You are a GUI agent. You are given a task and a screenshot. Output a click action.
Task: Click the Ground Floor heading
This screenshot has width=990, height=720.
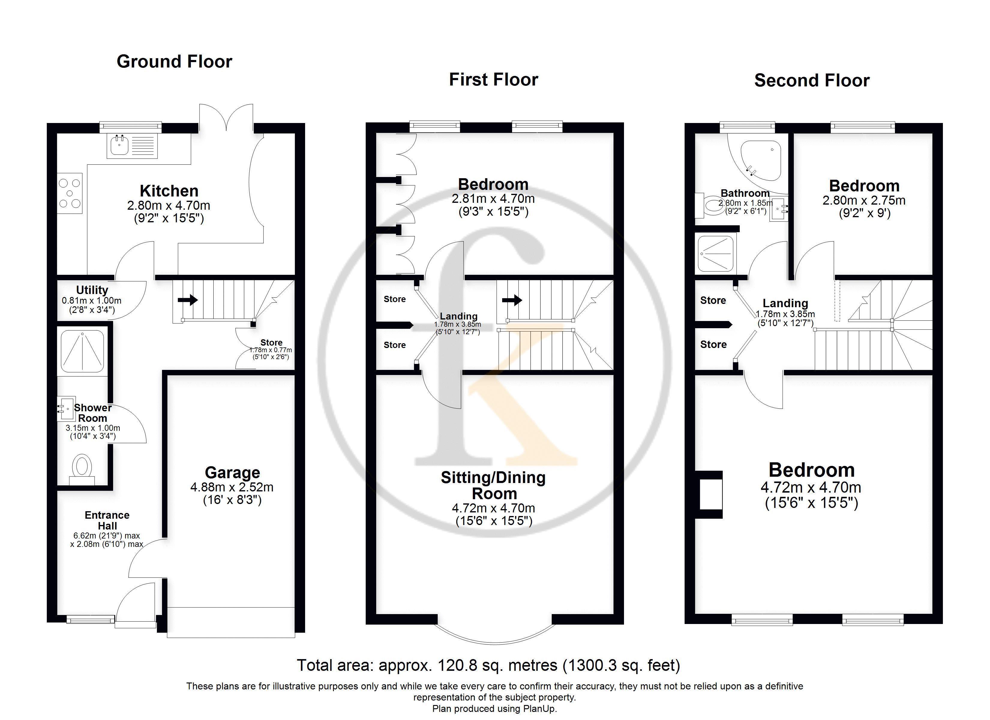(x=174, y=61)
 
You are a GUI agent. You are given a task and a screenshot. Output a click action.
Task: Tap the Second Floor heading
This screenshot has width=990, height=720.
(x=812, y=80)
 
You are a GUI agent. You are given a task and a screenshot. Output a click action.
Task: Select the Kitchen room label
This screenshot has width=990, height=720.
(x=169, y=191)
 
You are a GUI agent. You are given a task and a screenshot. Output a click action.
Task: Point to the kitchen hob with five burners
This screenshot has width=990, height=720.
(x=70, y=193)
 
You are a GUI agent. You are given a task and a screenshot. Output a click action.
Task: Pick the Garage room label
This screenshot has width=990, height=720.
(x=232, y=472)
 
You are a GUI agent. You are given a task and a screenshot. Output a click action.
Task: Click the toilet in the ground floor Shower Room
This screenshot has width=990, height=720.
(x=82, y=469)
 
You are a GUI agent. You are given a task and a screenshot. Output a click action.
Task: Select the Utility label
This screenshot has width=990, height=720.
(x=92, y=290)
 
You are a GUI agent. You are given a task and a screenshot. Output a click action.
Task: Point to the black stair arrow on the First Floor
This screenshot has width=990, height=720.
(x=512, y=300)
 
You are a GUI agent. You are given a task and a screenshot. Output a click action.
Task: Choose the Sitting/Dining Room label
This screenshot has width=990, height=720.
(x=493, y=485)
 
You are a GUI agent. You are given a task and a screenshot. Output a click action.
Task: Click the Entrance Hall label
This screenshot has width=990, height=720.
(x=107, y=520)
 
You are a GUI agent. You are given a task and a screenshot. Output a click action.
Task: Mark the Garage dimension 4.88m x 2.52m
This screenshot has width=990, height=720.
(x=232, y=487)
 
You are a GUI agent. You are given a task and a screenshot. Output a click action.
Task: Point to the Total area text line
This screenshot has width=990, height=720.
(x=488, y=665)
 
